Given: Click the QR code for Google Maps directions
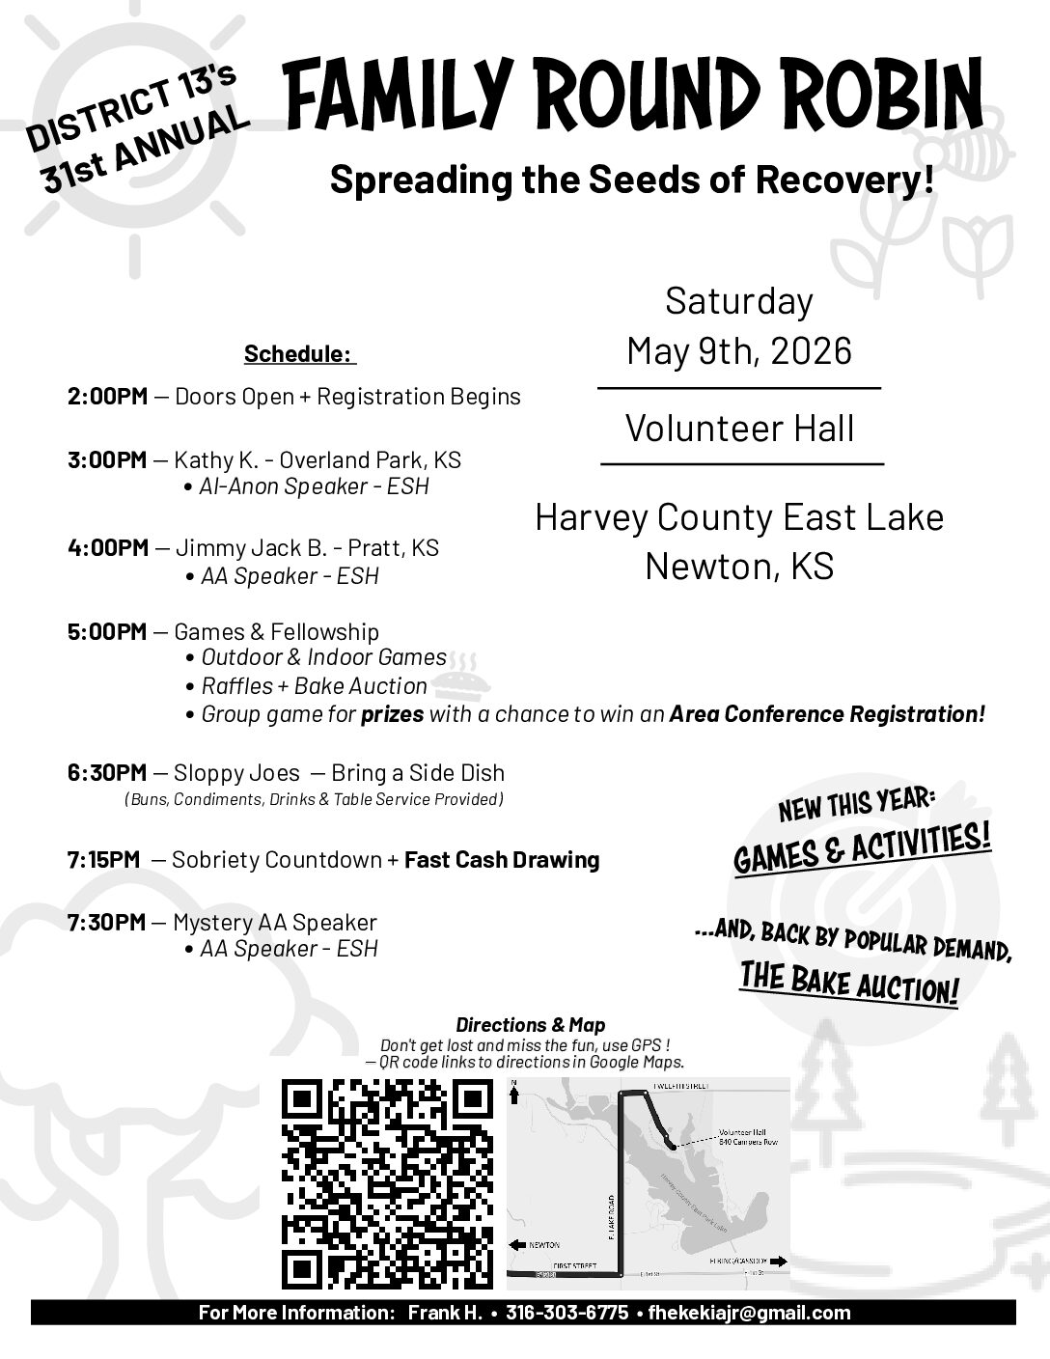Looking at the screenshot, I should (386, 1184).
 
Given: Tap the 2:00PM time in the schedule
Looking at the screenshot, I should (107, 397).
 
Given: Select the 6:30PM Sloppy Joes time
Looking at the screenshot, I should (107, 773).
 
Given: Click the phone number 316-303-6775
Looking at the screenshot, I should (566, 1313).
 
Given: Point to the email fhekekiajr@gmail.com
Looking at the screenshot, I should (749, 1313).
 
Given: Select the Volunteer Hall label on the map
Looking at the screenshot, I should (741, 1133).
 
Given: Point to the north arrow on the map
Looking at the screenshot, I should (514, 1094).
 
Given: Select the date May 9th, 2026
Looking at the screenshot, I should (739, 350).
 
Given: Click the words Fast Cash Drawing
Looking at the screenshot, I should (502, 860).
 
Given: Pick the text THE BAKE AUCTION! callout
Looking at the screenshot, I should (849, 984).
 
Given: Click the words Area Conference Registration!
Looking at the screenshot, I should (827, 715).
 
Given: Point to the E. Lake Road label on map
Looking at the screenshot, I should (610, 1216).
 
